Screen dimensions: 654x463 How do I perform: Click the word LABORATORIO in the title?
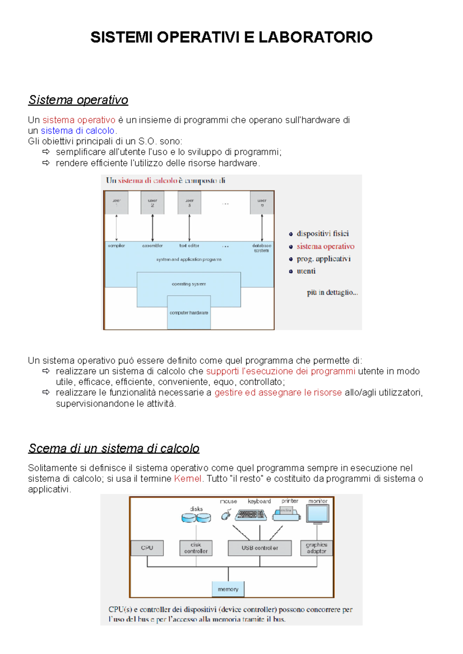point(315,37)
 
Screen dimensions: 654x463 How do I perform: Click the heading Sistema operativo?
point(78,100)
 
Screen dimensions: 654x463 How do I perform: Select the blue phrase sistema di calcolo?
point(78,131)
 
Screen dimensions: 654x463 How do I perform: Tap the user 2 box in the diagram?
point(152,203)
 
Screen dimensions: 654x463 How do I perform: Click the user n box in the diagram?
point(262,203)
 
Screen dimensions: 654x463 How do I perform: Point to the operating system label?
point(189,284)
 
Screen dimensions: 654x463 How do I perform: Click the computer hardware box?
point(189,313)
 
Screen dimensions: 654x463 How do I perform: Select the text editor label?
point(189,245)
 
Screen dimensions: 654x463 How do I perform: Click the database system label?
point(262,248)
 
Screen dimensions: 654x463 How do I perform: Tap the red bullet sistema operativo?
point(325,246)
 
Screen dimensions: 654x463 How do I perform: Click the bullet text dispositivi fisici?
point(323,233)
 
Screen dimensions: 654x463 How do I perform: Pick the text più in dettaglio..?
point(332,292)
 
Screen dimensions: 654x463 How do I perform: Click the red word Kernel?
point(188,478)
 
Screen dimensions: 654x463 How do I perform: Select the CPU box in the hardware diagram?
point(147,548)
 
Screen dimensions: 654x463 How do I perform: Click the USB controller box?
point(260,548)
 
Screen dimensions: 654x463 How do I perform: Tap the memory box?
point(228,589)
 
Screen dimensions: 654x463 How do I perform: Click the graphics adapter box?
point(316,548)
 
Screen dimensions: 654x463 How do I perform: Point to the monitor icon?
point(318,514)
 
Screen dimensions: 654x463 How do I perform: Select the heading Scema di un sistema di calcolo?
point(114,448)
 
